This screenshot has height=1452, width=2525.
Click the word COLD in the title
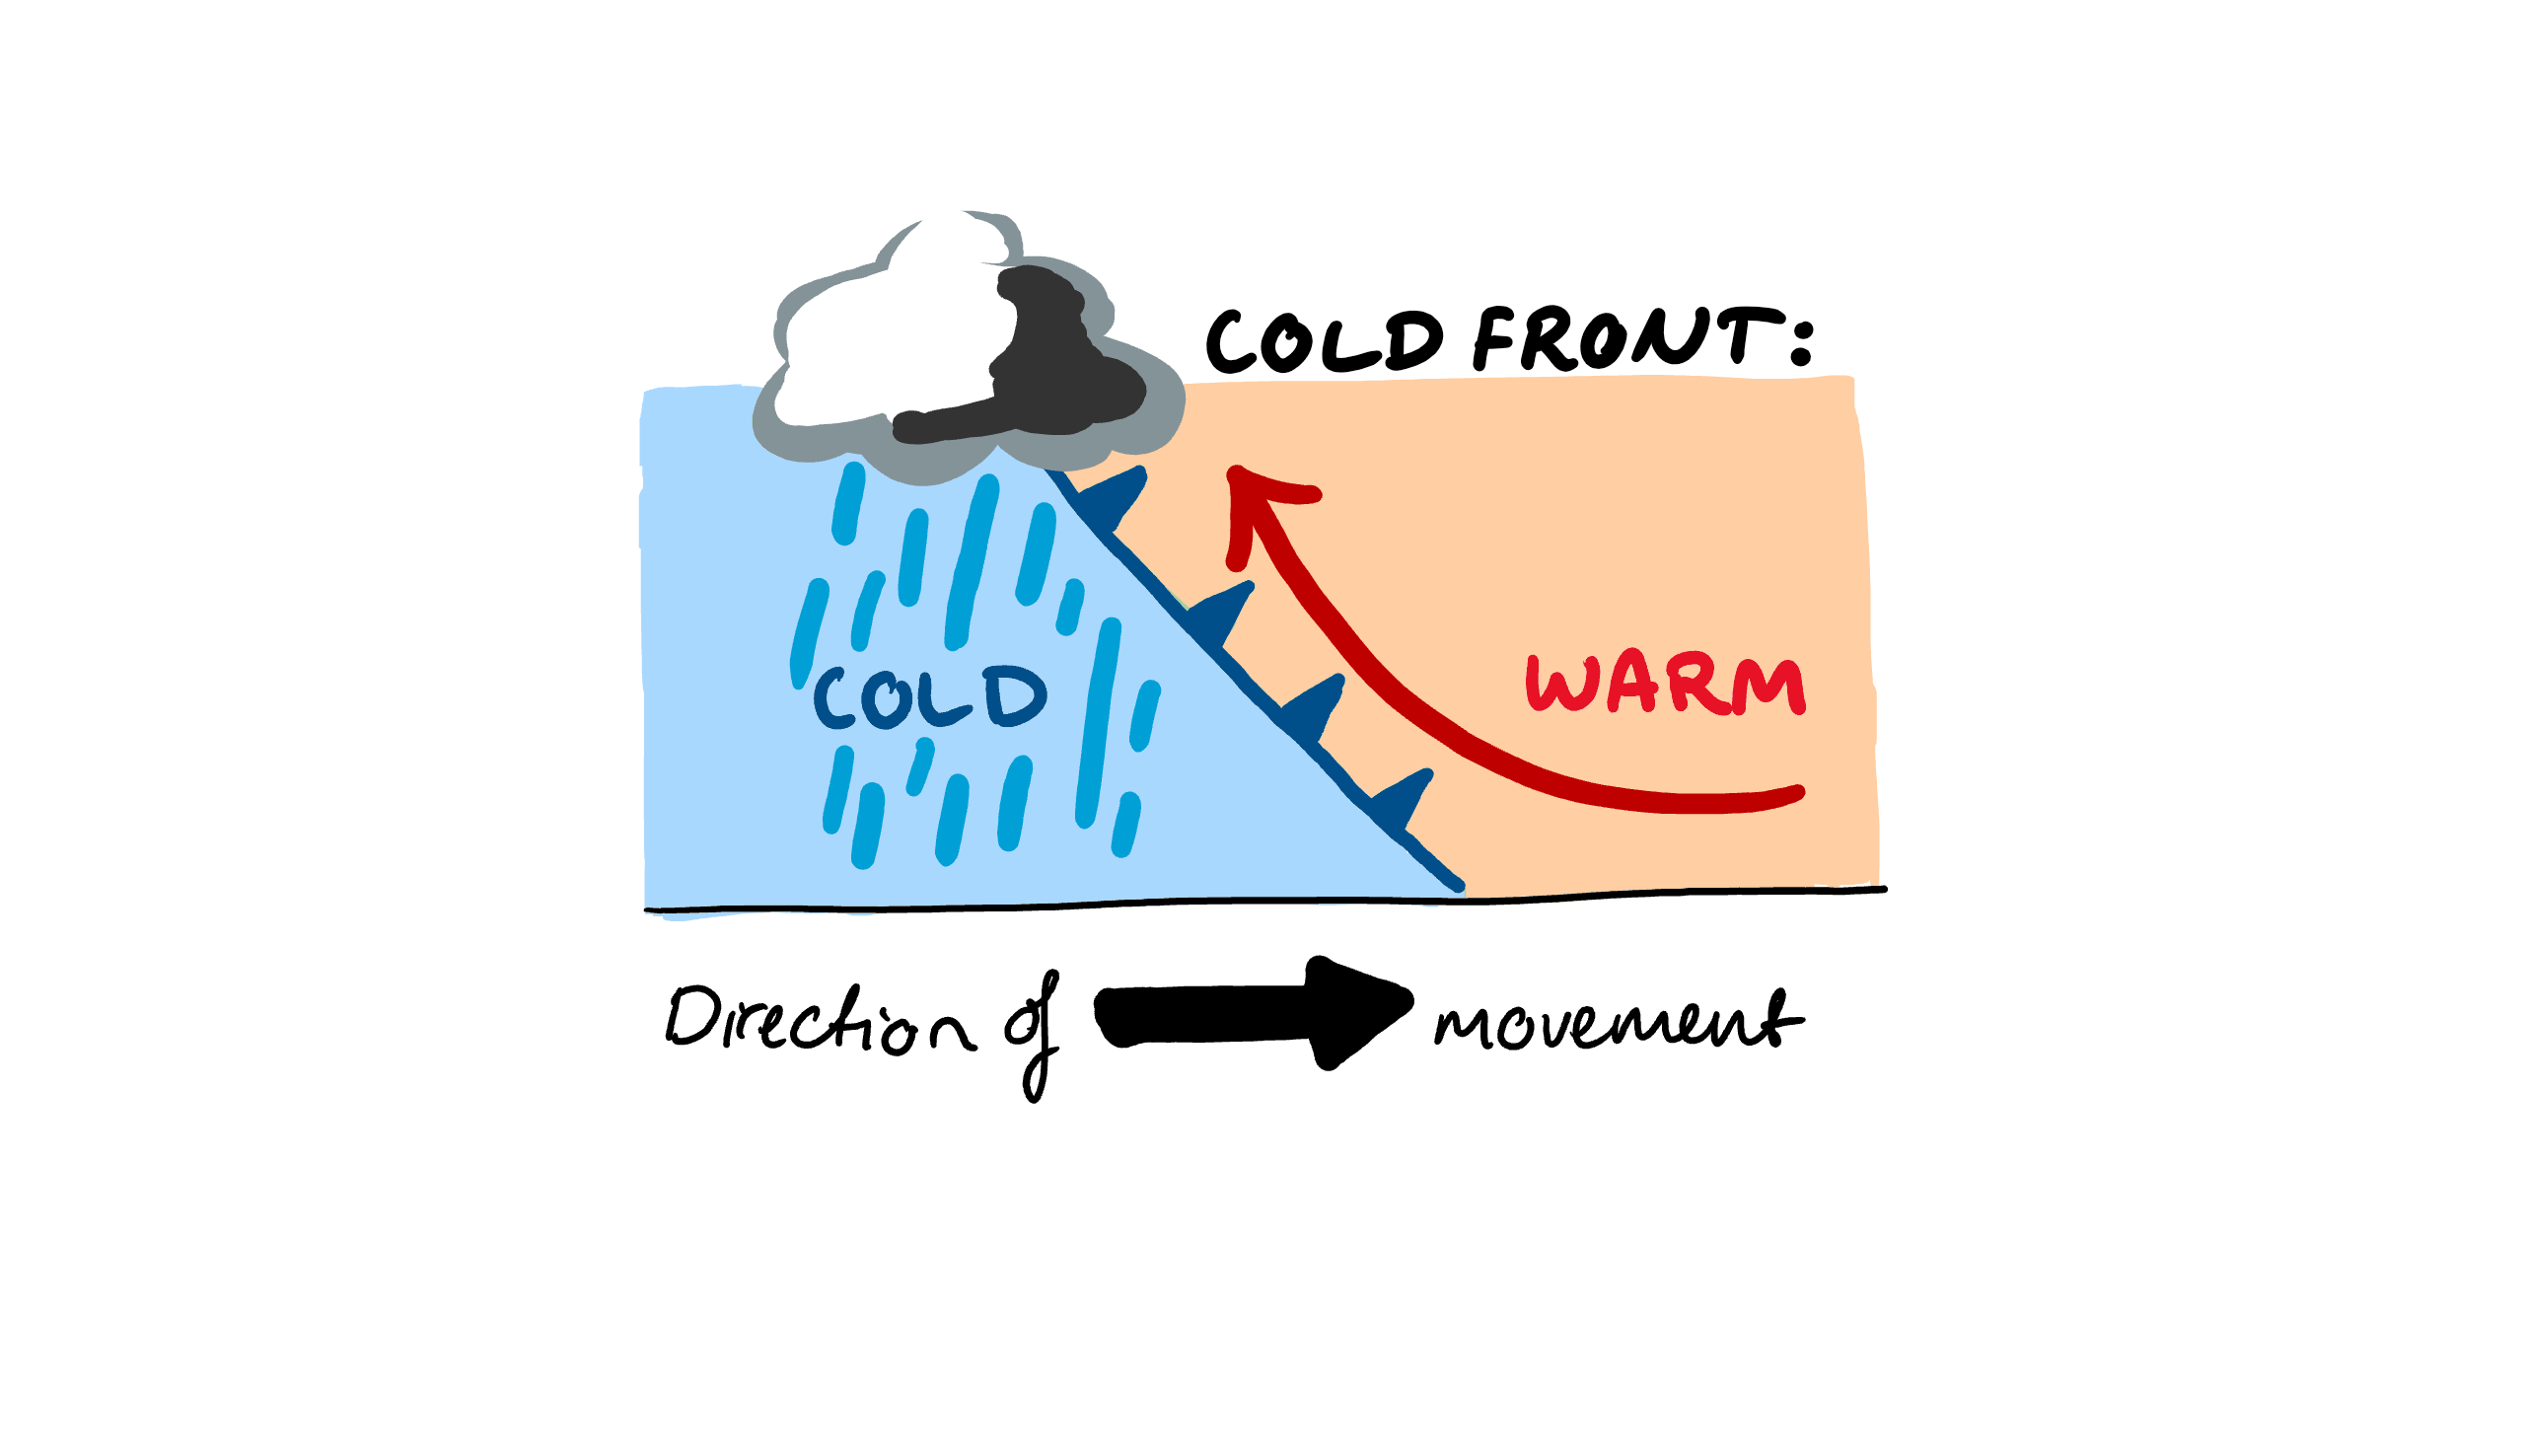pos(1324,341)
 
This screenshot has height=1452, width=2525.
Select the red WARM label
pos(1665,686)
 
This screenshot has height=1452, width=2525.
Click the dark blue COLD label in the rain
pos(929,697)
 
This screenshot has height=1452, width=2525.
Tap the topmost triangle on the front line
pos(1115,495)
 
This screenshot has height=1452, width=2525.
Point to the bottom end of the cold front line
pos(1458,885)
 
